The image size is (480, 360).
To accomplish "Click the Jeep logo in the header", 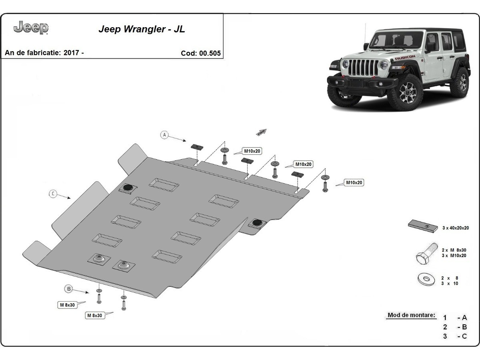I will pos(31,28).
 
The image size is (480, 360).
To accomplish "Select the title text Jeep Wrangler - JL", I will pos(142,30).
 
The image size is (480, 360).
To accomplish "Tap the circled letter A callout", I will pos(164,135).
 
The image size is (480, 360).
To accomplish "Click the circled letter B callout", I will pos(69,288).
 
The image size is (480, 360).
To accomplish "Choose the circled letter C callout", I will pos(53,194).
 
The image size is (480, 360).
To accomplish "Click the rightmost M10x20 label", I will pos(354,183).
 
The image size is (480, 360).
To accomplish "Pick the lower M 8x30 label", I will pos(95,315).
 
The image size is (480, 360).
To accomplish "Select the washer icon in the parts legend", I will pos(426,279).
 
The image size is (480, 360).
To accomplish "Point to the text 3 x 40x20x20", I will pos(456,228).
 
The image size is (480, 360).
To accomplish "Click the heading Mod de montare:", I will pos(411,315).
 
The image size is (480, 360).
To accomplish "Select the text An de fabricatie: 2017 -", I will pos(44,53).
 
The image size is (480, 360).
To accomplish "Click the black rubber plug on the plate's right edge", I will pos(256,223).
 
